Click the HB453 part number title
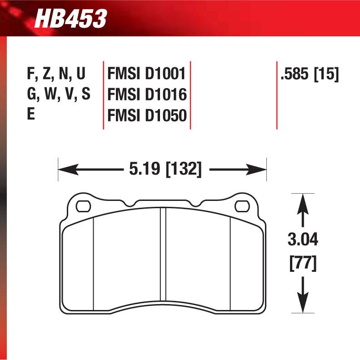(70, 19)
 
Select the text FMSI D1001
(147, 74)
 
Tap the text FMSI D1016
(147, 95)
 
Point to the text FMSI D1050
(147, 115)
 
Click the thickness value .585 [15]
(310, 74)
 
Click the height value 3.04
(303, 240)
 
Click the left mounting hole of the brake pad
(83, 206)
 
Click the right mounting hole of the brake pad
(240, 206)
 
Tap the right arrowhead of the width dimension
(260, 170)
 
